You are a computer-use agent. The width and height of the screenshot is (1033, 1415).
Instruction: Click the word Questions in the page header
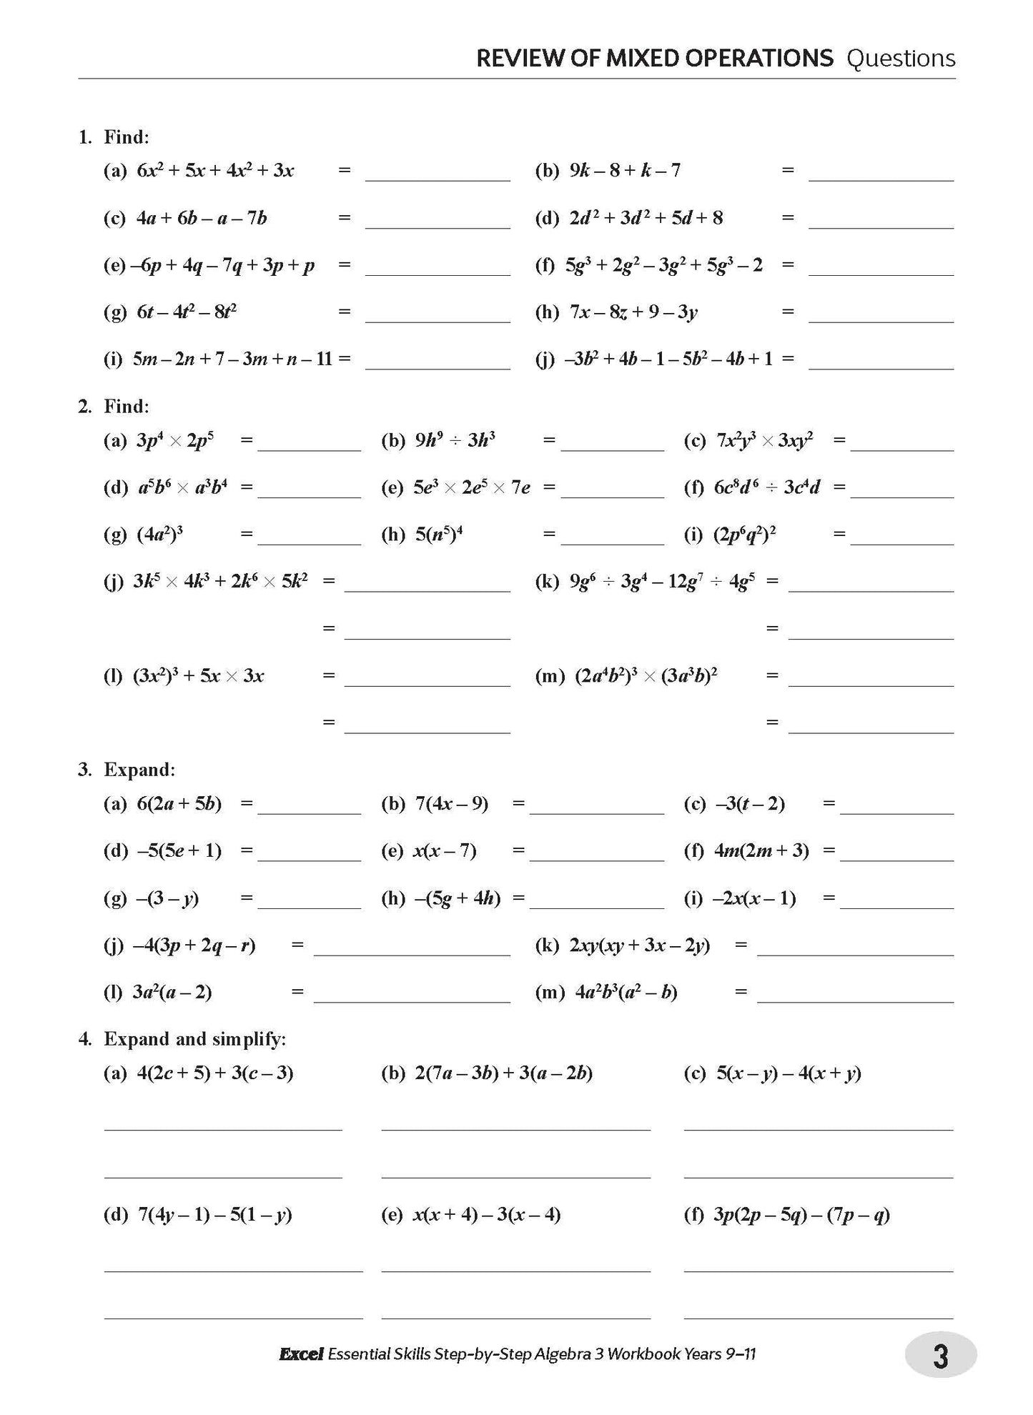900,59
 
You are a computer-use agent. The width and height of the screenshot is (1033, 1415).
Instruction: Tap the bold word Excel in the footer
301,1354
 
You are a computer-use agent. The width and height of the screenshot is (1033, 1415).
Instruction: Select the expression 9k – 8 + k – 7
625,170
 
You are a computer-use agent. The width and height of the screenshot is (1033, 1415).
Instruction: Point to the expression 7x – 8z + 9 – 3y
633,312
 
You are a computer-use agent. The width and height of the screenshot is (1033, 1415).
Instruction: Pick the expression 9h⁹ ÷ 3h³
455,440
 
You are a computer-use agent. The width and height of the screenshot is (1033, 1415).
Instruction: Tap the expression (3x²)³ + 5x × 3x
199,675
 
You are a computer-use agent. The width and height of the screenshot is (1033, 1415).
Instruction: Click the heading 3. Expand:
127,770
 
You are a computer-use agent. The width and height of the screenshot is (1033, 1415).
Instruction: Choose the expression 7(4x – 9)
452,804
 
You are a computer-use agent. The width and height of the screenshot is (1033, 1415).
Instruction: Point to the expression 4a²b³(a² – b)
626,992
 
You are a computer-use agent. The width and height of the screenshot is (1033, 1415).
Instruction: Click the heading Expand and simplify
194,1039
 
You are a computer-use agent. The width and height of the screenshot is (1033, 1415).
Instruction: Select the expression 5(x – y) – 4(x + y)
789,1073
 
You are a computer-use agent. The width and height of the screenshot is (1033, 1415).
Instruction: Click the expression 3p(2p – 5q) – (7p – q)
801,1214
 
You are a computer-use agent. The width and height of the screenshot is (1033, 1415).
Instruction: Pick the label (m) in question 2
550,676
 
